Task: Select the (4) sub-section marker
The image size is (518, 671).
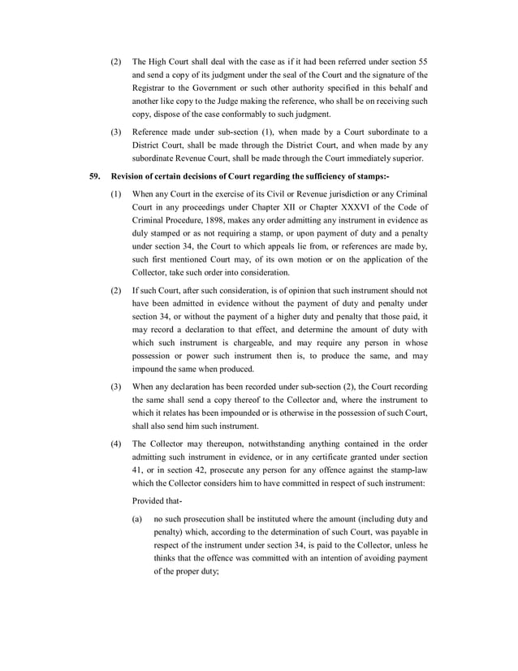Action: tap(117, 444)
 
